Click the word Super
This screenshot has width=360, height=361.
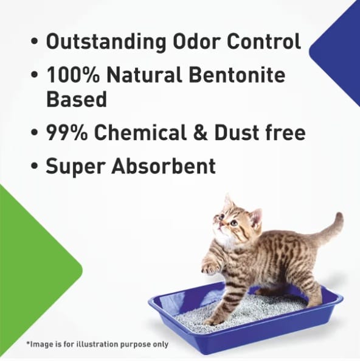(x=76, y=166)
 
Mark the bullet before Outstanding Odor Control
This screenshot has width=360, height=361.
(x=35, y=43)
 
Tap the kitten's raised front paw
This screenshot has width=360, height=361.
(x=210, y=265)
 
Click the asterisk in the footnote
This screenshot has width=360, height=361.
(x=28, y=343)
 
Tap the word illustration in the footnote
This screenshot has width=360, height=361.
(x=97, y=344)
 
